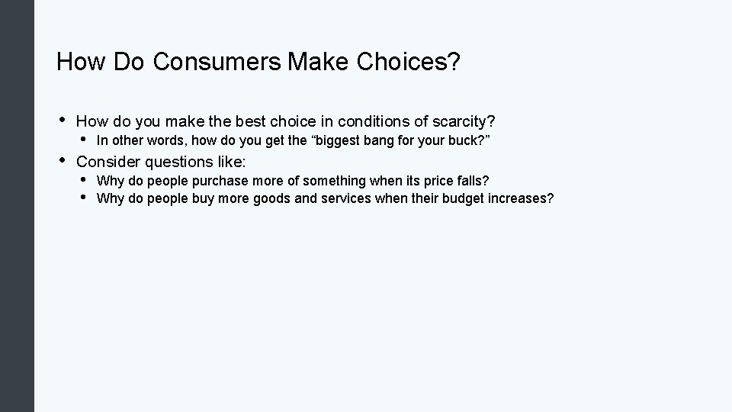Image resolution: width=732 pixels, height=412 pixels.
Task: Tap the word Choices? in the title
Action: point(409,62)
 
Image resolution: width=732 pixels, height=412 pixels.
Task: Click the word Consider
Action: point(108,162)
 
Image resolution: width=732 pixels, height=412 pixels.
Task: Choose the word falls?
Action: point(470,182)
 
